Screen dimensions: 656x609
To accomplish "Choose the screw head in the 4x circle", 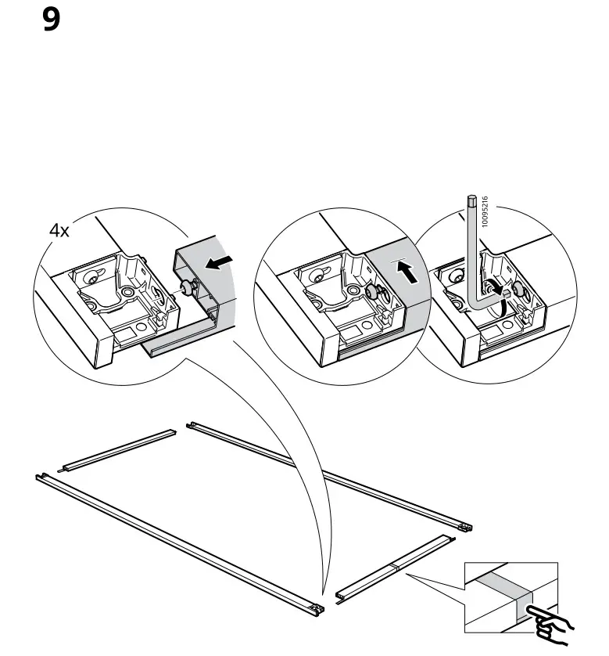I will pyautogui.click(x=188, y=288).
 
